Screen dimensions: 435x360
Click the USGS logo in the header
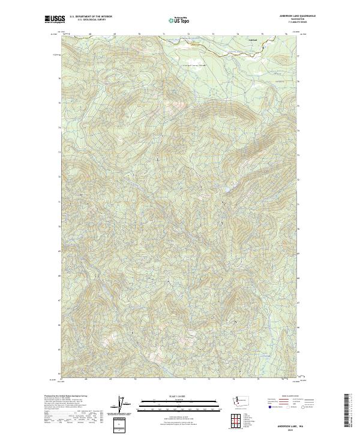click(53, 19)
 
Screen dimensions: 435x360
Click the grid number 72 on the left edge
click(59, 177)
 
